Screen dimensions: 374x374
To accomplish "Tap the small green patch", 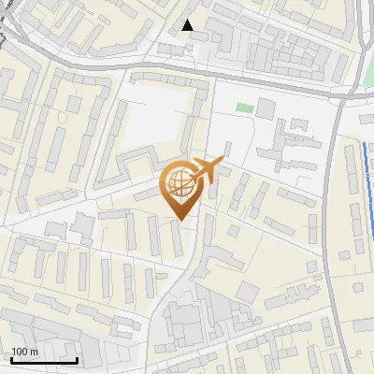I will click(244, 108).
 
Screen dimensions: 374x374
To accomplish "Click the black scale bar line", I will click(44, 359).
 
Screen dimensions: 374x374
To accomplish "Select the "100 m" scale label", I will click(24, 352).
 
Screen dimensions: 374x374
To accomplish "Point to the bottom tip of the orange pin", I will click(181, 220).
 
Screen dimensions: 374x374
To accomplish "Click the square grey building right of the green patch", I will click(266, 108).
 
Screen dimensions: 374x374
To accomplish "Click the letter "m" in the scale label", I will click(33, 352).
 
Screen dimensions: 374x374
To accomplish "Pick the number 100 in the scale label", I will click(20, 352).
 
